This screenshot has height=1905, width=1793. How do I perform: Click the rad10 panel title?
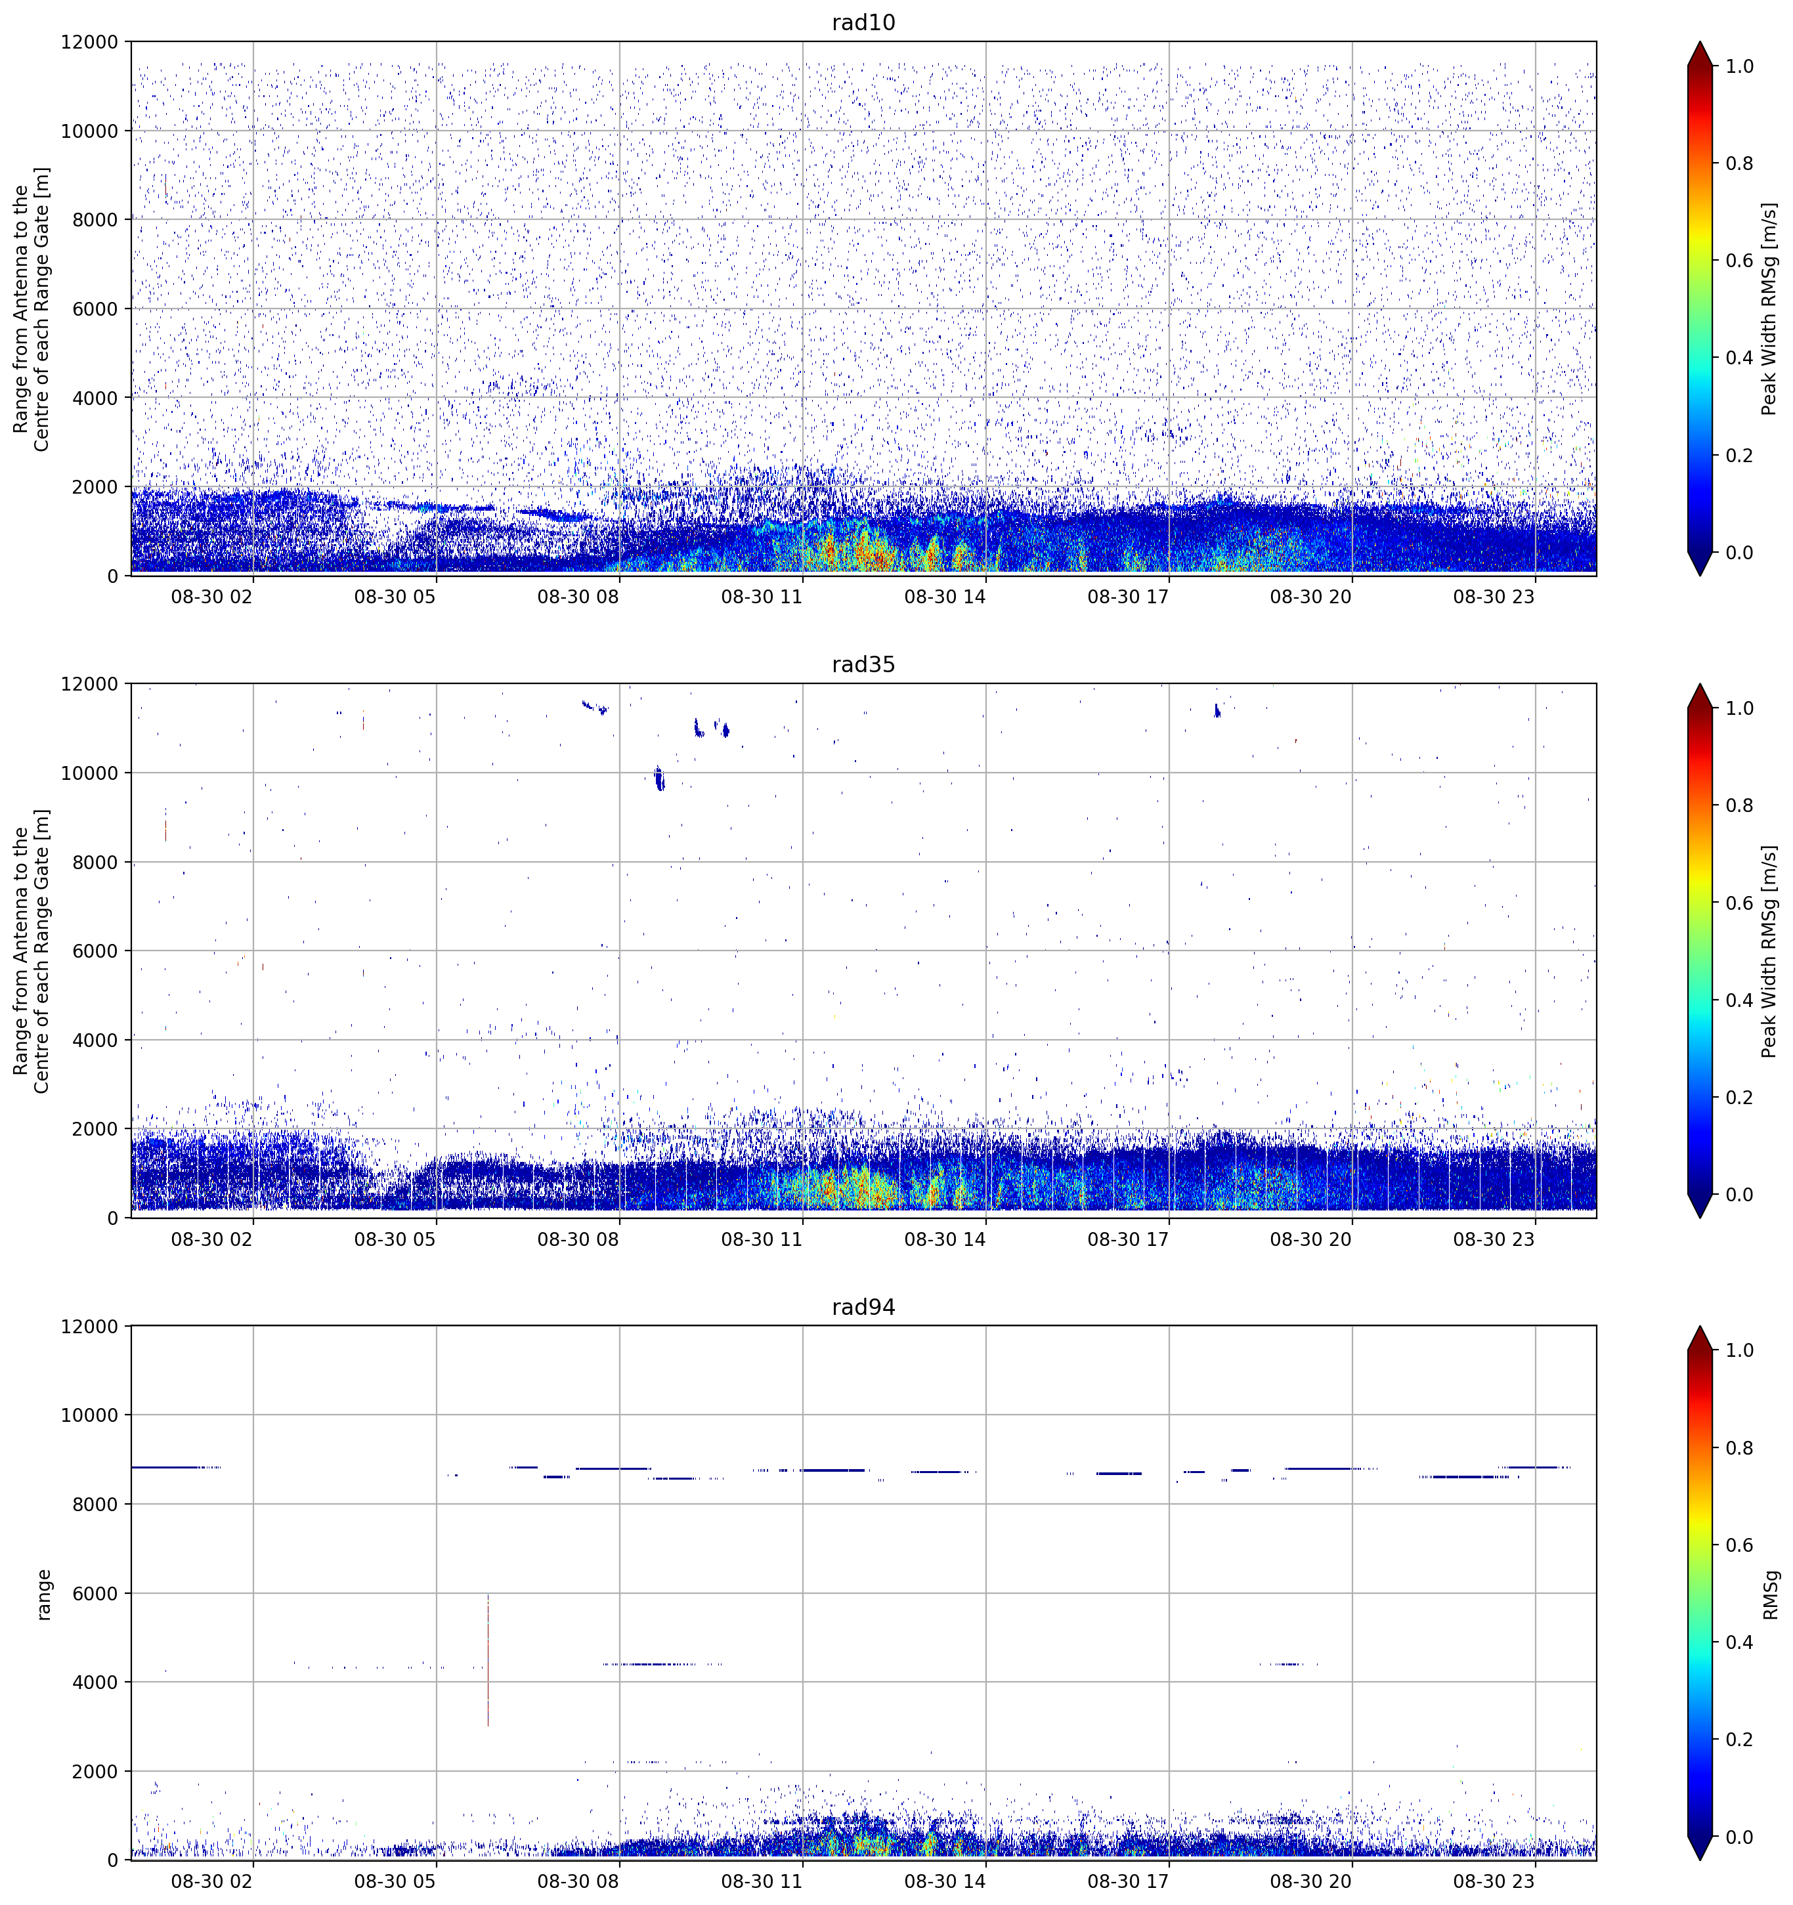coord(863,23)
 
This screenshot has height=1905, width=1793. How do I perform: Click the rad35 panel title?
coord(863,665)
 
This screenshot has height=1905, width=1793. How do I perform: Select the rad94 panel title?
coord(863,1307)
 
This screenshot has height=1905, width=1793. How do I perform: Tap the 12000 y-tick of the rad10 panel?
coord(89,42)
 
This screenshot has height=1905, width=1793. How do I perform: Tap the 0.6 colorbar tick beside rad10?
coord(1739,261)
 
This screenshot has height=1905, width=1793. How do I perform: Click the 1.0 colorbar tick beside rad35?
coord(1739,708)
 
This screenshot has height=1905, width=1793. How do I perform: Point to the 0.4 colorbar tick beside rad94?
coord(1739,1642)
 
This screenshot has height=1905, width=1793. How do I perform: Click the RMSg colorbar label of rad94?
coord(1770,1594)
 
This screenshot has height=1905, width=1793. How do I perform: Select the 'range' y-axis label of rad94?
coord(44,1594)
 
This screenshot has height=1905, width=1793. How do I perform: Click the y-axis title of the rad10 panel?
coord(32,309)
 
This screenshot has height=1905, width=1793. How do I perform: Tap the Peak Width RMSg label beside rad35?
coord(1769,951)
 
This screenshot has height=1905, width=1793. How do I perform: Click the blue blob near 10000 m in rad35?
coord(659,777)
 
